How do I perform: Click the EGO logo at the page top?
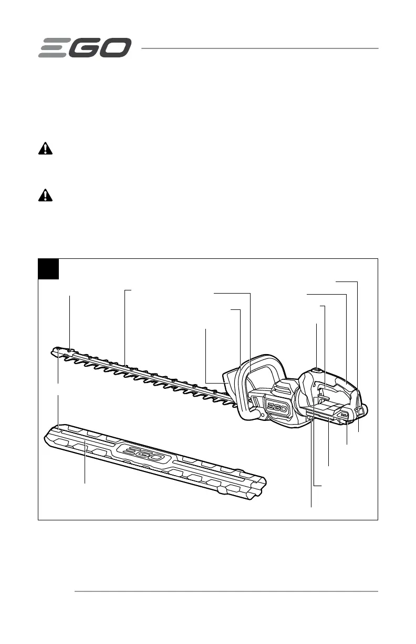tap(84, 48)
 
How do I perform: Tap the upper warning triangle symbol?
tap(46, 149)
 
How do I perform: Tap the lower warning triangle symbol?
tap(46, 195)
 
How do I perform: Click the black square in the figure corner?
tap(48, 269)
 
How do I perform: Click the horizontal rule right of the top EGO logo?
tap(259, 48)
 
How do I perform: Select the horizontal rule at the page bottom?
tap(226, 591)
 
